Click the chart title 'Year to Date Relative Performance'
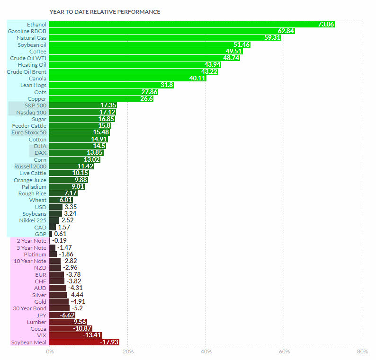[105, 12]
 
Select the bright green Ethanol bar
[189, 24]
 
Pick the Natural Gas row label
[31, 38]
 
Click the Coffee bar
[142, 51]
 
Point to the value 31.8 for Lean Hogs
[167, 85]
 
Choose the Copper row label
[37, 99]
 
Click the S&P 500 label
[34, 105]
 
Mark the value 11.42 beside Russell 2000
[86, 167]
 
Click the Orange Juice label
[30, 180]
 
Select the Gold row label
[40, 302]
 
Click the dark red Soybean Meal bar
[76, 342]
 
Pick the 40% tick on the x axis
[206, 351]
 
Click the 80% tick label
[362, 351]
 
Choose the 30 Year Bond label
[30, 308]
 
